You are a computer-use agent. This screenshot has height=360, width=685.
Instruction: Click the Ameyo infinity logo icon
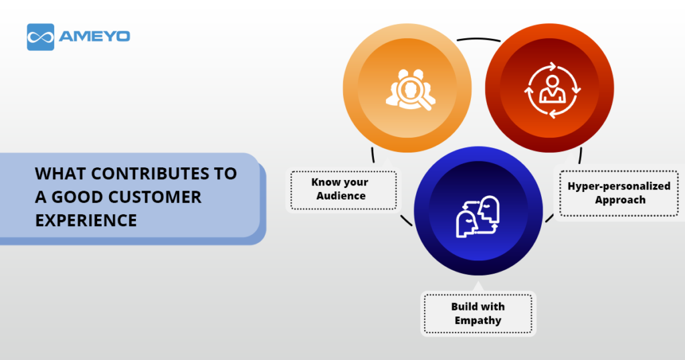click(x=41, y=37)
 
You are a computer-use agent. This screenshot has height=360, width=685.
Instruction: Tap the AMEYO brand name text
click(x=94, y=36)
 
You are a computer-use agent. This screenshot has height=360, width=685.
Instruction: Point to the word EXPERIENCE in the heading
click(x=86, y=221)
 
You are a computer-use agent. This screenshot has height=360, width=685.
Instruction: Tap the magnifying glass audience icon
click(x=410, y=89)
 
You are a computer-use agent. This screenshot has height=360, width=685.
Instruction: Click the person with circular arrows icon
click(x=552, y=90)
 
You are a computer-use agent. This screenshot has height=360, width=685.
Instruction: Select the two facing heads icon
click(x=478, y=217)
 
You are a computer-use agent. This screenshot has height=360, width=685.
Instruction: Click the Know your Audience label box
click(x=344, y=190)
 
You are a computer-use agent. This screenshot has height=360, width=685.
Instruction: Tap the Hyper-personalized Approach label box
click(x=619, y=193)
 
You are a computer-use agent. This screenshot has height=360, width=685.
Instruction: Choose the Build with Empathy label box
click(x=478, y=314)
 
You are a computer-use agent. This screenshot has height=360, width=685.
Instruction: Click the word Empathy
click(x=478, y=321)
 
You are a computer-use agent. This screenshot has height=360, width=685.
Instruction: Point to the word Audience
click(x=340, y=196)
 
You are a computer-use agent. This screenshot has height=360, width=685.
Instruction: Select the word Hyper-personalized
click(x=619, y=186)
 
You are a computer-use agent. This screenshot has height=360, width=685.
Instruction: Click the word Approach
click(x=620, y=200)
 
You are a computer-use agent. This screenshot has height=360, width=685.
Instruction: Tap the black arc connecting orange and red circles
click(x=479, y=39)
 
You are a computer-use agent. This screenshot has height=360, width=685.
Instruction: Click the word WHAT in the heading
click(x=60, y=174)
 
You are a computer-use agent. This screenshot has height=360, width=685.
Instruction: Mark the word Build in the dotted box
click(x=463, y=306)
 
